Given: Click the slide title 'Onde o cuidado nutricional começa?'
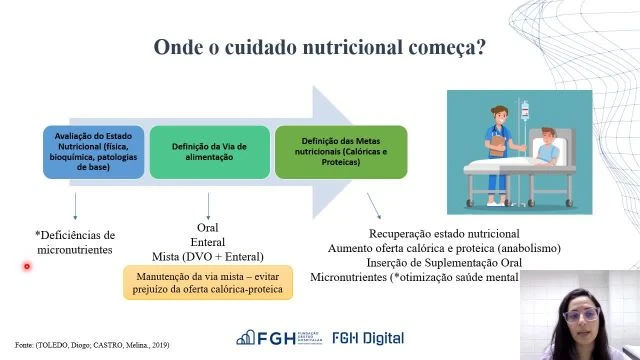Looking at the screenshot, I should pyautogui.click(x=320, y=48).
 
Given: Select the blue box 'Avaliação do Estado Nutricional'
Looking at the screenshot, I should pyautogui.click(x=92, y=151).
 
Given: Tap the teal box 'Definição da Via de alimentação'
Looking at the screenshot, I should pyautogui.click(x=208, y=151).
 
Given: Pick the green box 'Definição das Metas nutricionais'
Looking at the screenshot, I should pyautogui.click(x=341, y=151).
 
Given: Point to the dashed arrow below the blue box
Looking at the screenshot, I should pyautogui.click(x=76, y=206).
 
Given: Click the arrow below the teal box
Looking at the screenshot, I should pyautogui.click(x=208, y=204).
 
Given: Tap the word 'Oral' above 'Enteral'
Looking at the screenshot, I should pyautogui.click(x=208, y=228).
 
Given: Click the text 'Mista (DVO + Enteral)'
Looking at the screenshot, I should pyautogui.click(x=208, y=255).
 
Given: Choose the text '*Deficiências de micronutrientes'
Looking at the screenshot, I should pyautogui.click(x=76, y=242).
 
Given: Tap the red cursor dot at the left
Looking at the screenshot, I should pyautogui.click(x=27, y=266).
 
